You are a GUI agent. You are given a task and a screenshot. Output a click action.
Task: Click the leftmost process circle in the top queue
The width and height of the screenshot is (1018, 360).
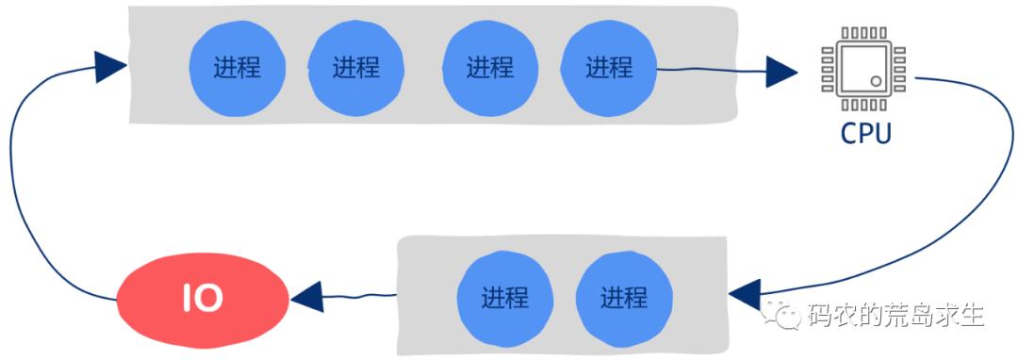pos(237,67)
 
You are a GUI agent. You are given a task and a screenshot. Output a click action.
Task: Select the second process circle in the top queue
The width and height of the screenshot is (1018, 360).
pos(355,67)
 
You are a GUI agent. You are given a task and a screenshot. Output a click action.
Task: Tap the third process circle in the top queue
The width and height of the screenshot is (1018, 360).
pos(489,67)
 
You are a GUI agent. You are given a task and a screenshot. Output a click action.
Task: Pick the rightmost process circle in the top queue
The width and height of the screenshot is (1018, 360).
pos(608,67)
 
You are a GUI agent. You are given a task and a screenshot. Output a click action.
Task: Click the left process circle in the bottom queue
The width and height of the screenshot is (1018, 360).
pos(504,298)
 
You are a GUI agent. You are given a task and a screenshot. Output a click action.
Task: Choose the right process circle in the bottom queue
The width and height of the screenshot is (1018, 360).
pos(623,298)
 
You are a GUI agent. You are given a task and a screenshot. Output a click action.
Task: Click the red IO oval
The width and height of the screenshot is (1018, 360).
pos(203,299)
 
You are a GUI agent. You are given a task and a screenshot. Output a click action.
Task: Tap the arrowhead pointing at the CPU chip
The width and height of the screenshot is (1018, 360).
pos(781,70)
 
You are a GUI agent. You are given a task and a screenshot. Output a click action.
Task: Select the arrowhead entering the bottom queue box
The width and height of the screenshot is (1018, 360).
pos(746,292)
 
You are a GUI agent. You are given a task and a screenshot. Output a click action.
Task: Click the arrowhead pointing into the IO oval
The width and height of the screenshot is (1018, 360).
pos(306,300)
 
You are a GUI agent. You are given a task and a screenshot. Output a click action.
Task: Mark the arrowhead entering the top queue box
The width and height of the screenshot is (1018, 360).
pos(110,67)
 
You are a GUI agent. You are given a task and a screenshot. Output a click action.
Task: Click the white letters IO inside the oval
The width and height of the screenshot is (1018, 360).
pos(203,299)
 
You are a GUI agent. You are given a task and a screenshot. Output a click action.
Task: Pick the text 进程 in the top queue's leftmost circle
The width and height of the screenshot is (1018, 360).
pos(237,68)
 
